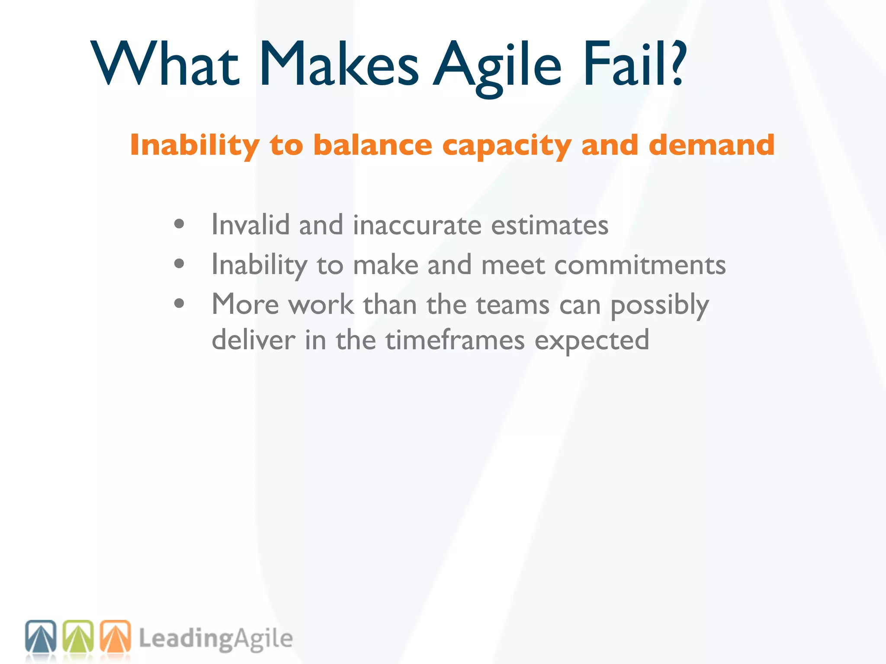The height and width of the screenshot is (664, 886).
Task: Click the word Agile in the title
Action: [x=498, y=65]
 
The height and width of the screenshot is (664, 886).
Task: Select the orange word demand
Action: [x=711, y=144]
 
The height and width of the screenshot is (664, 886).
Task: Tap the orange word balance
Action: [x=372, y=144]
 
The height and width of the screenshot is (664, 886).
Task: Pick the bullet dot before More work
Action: [x=179, y=303]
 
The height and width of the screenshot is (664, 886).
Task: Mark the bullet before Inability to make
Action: [x=179, y=263]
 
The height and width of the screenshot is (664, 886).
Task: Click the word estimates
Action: [x=549, y=226]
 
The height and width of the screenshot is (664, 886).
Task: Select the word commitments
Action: [x=640, y=265]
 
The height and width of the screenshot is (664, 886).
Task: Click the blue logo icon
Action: [x=41, y=636]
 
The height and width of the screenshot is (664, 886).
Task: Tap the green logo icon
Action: [x=78, y=636]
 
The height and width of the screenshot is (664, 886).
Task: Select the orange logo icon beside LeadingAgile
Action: [x=116, y=636]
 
